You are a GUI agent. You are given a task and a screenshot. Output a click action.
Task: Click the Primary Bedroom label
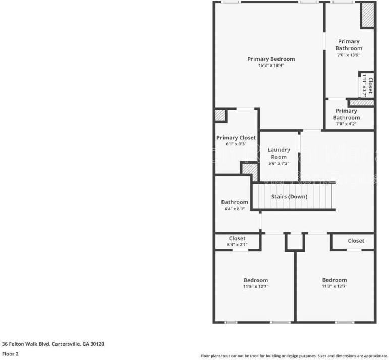coord(271,59)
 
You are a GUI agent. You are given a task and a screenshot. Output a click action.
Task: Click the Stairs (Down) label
coord(290,197)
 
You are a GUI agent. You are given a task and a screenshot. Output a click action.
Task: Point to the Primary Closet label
coord(236,138)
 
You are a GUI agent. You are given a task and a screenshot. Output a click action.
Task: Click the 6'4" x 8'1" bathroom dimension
coord(234,209)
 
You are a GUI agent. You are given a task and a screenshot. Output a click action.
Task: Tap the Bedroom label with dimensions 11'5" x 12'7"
coord(256,280)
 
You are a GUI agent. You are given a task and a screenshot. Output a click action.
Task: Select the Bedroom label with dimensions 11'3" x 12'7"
coord(335,280)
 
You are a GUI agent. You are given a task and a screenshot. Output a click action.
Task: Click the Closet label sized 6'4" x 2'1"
coord(237,238)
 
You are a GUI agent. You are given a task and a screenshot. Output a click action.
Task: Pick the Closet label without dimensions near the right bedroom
coord(356,241)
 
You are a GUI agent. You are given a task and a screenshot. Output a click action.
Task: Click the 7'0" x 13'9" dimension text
coord(349,55)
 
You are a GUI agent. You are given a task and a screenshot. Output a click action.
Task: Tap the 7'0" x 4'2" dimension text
coord(346,124)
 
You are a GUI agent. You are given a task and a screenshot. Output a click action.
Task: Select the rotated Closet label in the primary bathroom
coord(370,85)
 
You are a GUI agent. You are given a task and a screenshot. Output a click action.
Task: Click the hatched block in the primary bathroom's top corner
coord(367,16)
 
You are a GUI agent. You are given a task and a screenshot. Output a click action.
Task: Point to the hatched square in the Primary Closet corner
coord(220,115)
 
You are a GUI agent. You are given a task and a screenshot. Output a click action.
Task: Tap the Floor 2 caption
coord(10,354)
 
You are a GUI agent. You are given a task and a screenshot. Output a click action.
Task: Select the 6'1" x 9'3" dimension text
coord(236,144)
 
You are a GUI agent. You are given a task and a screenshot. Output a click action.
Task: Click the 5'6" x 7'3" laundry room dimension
coord(279,163)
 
